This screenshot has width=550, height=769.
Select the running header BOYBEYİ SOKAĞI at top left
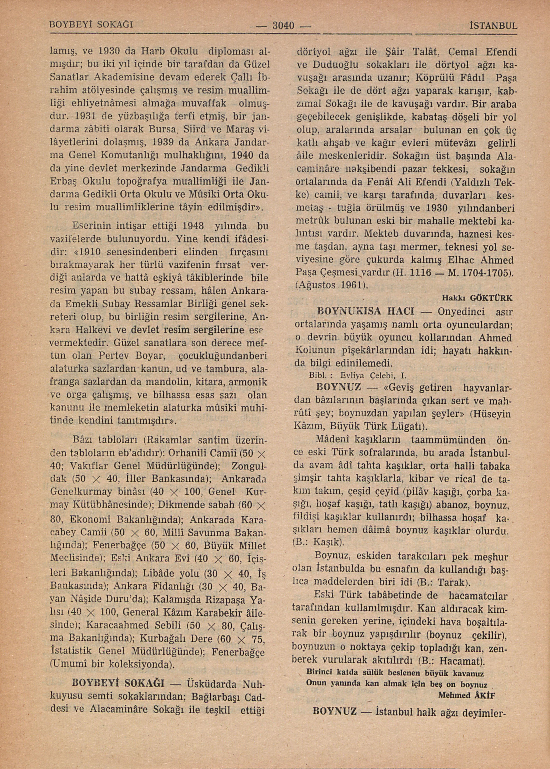[91, 25]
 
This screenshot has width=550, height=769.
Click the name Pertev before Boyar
[116, 356]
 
